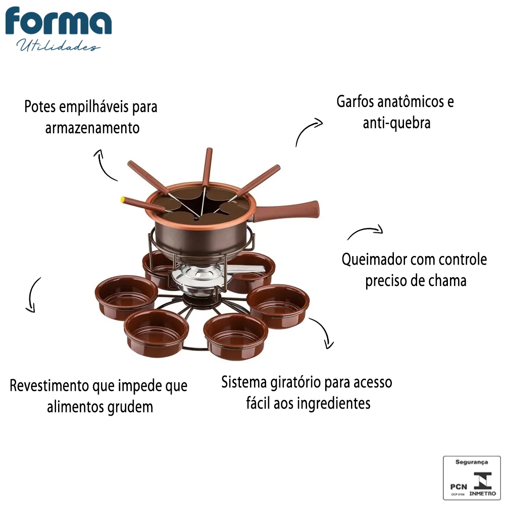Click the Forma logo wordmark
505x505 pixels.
(58, 21)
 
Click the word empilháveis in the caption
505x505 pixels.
(94, 107)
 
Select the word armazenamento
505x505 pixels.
(92, 128)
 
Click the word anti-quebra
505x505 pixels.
(397, 123)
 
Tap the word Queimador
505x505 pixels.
(368, 260)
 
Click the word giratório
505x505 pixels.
(296, 383)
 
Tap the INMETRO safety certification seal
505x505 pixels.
(472, 478)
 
